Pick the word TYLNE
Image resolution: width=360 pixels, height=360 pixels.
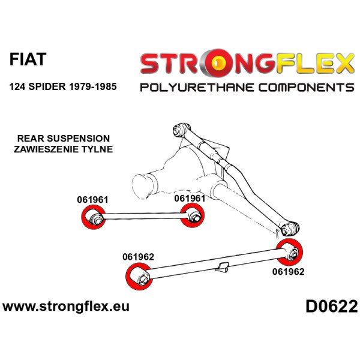[98, 149]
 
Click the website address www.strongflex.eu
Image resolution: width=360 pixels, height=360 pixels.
[65, 307]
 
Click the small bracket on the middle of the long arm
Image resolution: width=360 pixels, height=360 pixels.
[222, 265]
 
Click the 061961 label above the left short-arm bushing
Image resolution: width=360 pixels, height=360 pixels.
[93, 200]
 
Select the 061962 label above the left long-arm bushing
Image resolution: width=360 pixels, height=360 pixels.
[138, 257]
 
